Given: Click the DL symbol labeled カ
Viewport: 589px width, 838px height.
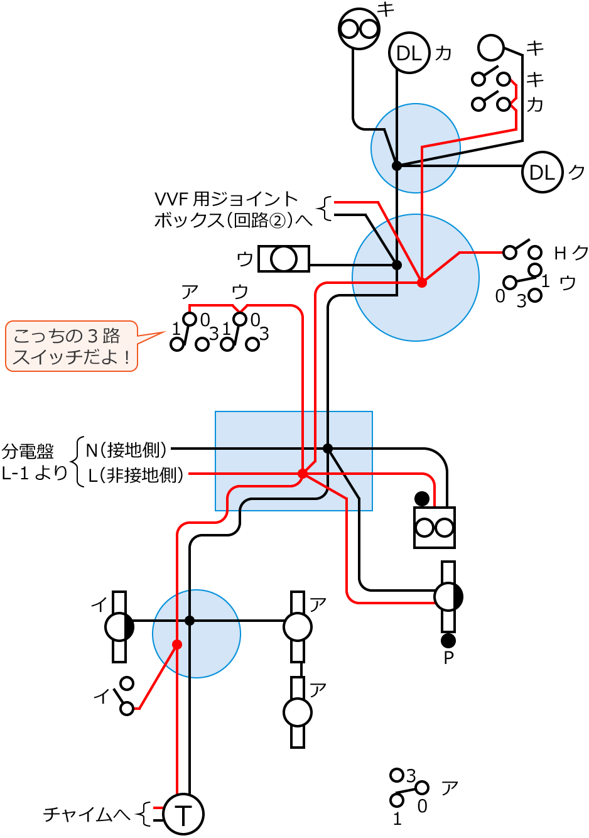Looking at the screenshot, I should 409,53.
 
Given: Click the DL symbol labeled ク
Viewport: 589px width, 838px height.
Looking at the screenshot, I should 542,172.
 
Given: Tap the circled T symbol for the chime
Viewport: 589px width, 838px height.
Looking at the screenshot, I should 183,815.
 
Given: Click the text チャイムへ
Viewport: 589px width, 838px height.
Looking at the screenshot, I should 87,815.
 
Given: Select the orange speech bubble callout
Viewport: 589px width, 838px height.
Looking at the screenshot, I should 71,346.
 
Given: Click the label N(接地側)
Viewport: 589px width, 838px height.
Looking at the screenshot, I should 127,450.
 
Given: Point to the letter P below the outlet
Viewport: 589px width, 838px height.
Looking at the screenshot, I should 448,658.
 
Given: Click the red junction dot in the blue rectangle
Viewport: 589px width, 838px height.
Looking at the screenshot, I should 302,474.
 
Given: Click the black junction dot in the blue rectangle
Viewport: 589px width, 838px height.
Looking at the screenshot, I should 327,448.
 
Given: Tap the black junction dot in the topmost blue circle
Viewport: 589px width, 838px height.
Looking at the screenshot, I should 396,166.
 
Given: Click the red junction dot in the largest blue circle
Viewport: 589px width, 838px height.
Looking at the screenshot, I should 422,283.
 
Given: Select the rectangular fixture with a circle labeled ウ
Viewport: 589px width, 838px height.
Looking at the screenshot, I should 284,258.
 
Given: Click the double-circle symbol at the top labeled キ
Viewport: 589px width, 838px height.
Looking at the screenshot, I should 359,29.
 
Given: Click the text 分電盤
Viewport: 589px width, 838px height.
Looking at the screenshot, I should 28,451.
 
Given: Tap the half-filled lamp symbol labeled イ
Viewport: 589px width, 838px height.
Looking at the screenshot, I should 119,627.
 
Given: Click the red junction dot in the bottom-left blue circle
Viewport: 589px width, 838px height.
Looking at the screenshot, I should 177,645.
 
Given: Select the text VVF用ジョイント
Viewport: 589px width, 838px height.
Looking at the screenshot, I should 226,200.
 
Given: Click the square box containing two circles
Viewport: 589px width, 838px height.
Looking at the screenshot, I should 435,528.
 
